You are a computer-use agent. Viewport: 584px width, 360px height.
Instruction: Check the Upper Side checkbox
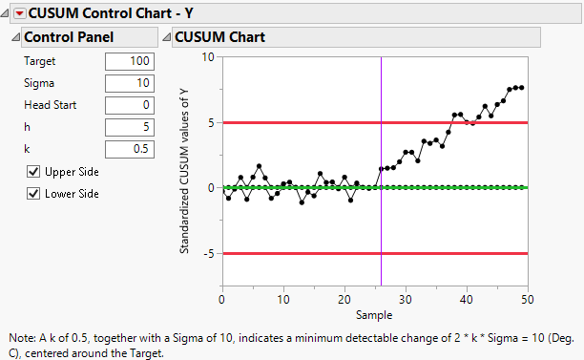[34, 172]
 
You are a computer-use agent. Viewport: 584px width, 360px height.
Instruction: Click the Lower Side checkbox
[34, 194]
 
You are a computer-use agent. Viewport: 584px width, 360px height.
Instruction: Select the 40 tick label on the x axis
[467, 300]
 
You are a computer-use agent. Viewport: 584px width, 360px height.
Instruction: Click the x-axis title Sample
[373, 314]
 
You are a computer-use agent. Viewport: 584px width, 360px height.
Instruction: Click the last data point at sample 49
[522, 87]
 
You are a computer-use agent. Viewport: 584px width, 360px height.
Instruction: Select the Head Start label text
[51, 105]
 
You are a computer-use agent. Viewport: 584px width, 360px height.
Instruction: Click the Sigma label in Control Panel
[39, 83]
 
